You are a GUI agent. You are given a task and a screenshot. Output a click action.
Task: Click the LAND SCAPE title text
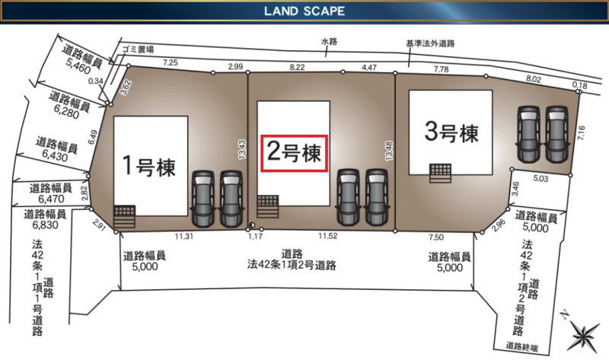pyautogui.click(x=304, y=11)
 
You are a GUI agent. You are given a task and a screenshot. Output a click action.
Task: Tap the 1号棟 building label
pyautogui.click(x=148, y=166)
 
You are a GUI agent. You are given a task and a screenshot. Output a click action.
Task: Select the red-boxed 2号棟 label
pyautogui.click(x=295, y=153)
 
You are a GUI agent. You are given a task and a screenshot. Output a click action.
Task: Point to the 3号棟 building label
pyautogui.click(x=451, y=132)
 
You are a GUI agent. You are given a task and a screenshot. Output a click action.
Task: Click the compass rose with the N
pyautogui.click(x=582, y=335)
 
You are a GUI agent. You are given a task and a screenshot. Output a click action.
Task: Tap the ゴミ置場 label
pyautogui.click(x=138, y=49)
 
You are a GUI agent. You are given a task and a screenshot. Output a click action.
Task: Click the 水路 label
pyautogui.click(x=329, y=41)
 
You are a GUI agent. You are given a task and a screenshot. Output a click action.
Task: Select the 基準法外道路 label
pyautogui.click(x=430, y=43)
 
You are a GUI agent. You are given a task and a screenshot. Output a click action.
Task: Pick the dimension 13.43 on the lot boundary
pyautogui.click(x=242, y=149)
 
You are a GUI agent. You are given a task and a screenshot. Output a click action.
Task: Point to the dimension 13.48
pyautogui.click(x=388, y=151)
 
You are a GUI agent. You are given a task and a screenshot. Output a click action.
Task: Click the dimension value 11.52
pyautogui.click(x=328, y=236)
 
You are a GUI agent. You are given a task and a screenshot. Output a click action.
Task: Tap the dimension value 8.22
pyautogui.click(x=297, y=67)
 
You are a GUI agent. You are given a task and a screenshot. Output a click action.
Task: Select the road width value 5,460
pyautogui.click(x=78, y=65)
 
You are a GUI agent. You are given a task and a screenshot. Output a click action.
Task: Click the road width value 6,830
pyautogui.click(x=46, y=225)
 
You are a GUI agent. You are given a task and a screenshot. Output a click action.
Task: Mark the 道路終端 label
pyautogui.click(x=521, y=346)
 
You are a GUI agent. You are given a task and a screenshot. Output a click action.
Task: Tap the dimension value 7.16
pyautogui.click(x=581, y=133)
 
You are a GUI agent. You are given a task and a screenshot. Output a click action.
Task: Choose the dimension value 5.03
pyautogui.click(x=540, y=179)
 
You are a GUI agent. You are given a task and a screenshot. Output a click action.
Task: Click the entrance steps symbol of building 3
pyautogui.click(x=441, y=173)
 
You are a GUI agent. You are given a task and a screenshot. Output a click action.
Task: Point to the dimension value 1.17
pyautogui.click(x=255, y=236)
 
